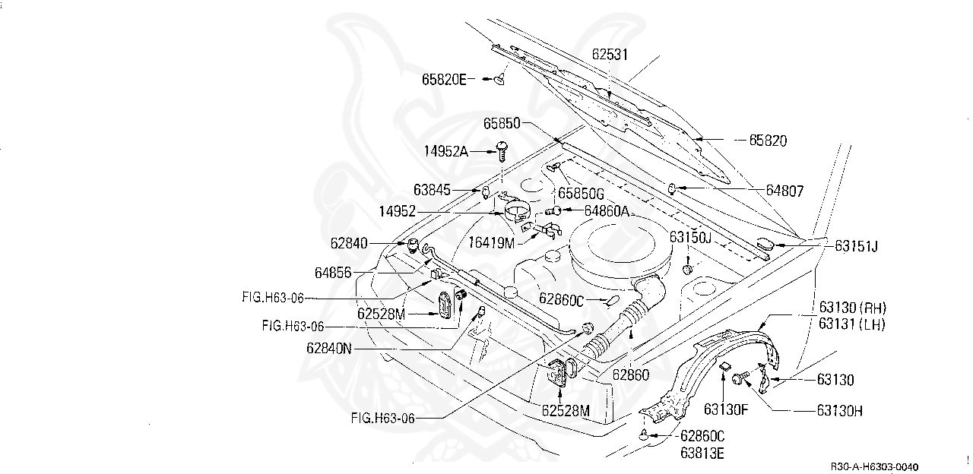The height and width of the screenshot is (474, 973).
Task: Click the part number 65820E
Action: point(444,78)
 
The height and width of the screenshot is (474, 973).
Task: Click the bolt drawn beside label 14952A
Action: point(501,150)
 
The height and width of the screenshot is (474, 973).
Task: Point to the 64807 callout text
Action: point(784,191)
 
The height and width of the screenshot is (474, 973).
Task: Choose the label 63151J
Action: point(856,245)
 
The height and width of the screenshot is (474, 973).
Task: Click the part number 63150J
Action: point(689,237)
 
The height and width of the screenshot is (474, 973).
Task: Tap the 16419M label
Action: point(491,243)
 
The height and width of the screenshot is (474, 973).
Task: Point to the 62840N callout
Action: point(329,349)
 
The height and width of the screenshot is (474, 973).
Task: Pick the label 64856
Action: point(333,272)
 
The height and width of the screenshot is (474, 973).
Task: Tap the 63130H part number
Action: point(839,410)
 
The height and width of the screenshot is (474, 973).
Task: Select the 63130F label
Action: point(726,409)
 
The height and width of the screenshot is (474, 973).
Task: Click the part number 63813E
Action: point(702,454)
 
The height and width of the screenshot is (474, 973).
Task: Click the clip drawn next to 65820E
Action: point(499,78)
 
